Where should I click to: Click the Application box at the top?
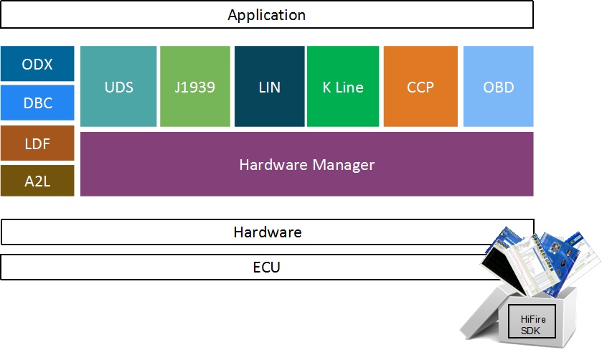click(267, 14)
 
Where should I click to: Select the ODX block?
click(37, 64)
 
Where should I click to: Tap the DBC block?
click(37, 103)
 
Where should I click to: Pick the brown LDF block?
click(37, 143)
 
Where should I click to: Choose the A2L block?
click(37, 181)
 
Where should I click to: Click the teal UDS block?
click(118, 86)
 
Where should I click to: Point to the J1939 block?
click(195, 86)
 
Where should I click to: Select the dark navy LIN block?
click(270, 86)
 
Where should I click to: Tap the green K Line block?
click(343, 86)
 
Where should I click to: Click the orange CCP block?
click(420, 86)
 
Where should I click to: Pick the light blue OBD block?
click(499, 86)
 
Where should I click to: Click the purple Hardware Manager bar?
click(307, 164)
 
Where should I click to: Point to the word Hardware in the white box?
click(268, 232)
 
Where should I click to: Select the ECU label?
click(266, 267)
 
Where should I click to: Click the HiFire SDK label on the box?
click(532, 325)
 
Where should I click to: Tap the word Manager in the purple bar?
click(343, 165)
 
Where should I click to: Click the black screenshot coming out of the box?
click(503, 270)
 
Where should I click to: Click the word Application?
click(267, 15)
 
